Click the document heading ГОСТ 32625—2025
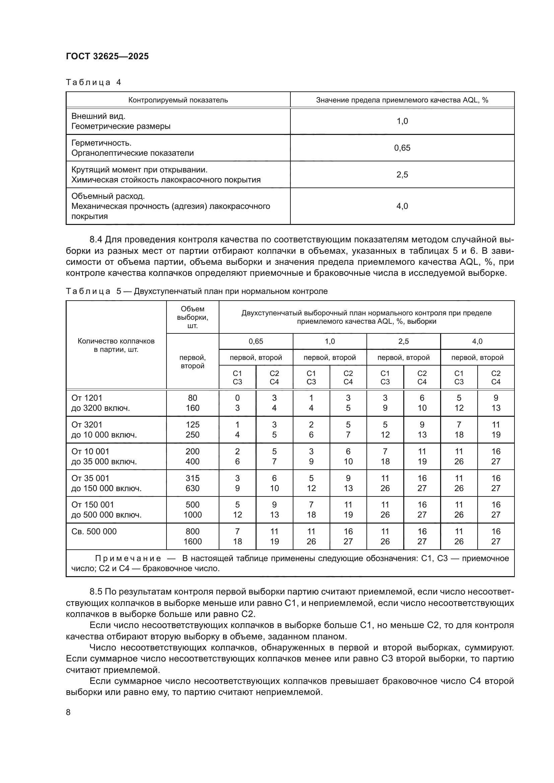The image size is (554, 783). coord(108,56)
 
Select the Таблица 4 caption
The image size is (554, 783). coord(93,82)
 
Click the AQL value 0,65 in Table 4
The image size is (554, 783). coord(402,148)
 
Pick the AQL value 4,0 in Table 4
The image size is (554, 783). coord(402,206)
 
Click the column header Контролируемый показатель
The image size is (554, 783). coord(178,100)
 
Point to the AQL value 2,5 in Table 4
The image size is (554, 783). coord(402,175)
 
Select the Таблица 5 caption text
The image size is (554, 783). coord(196,291)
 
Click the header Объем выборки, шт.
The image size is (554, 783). coord(192,317)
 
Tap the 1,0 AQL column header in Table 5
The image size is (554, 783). coord(330,341)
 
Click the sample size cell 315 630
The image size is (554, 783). coord(192,483)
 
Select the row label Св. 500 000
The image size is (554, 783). coord(94,531)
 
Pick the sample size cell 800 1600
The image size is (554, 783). coord(192,536)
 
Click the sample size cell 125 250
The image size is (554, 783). coord(192,430)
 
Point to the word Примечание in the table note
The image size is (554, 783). coord(128,558)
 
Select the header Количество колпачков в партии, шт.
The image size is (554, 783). coord(116,345)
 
